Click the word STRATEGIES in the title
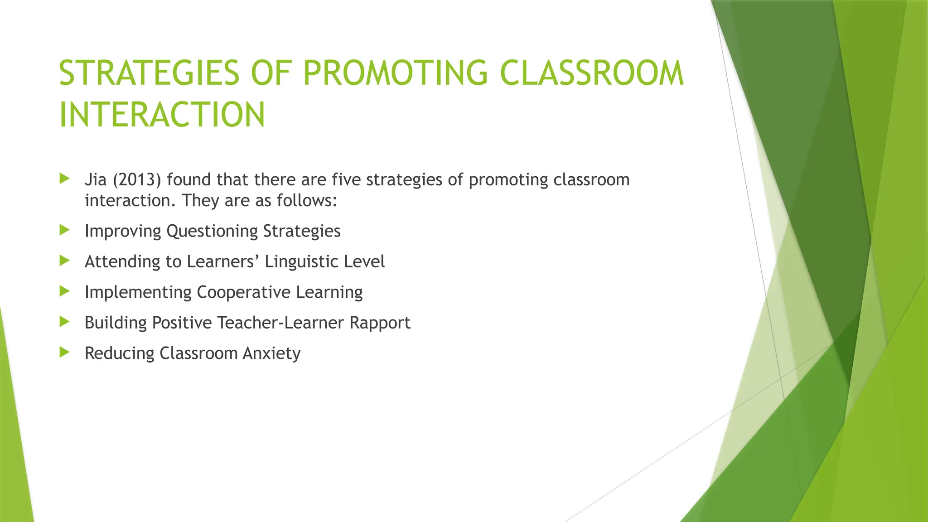149,73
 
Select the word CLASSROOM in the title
592,73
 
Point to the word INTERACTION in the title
162,115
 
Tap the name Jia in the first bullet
96,180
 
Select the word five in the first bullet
346,180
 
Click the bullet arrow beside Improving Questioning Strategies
64,230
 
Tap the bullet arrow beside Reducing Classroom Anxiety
64,352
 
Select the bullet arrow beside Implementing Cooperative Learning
64,291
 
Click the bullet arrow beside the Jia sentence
64,179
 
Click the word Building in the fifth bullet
116,323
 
